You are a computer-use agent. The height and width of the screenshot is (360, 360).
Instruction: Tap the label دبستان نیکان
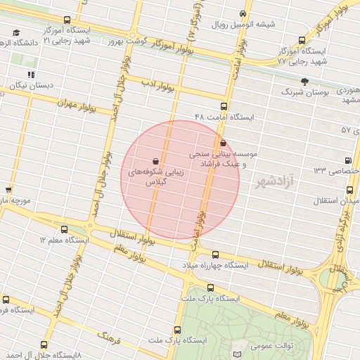point(27,85)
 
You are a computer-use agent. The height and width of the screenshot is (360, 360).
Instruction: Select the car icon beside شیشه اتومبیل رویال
point(243,13)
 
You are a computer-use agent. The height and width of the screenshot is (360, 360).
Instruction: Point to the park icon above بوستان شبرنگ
point(304,82)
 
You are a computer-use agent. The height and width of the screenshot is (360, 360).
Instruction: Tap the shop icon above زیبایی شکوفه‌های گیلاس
point(155,160)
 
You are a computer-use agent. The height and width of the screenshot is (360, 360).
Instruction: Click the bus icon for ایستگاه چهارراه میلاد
point(215,255)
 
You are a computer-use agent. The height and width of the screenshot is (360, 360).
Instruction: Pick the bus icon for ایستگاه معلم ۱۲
point(65,229)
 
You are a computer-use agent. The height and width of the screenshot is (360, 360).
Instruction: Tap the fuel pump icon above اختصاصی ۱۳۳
point(349,160)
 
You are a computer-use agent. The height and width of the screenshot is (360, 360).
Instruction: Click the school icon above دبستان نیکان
point(30,74)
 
